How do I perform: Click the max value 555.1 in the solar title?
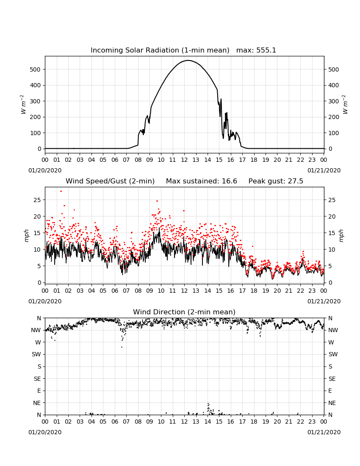point(266,50)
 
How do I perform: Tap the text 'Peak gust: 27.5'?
point(276,181)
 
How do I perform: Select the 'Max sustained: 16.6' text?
point(201,181)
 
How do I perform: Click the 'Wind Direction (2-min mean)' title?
point(184,312)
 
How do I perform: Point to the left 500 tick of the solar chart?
point(36,69)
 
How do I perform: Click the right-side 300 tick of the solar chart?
point(333,101)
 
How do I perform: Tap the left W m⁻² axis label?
point(23,104)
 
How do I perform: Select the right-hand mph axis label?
point(341,236)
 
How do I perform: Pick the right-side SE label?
point(332,379)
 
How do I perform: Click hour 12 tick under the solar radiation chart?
point(184,160)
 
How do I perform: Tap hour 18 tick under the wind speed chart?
point(254,291)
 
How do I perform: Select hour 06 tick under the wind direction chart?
point(115,422)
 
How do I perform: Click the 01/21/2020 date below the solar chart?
point(324,170)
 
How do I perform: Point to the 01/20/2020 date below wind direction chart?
point(45,432)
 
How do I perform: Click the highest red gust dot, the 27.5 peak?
point(61,191)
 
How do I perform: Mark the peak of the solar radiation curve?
point(188,60)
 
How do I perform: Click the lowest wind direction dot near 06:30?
point(122,347)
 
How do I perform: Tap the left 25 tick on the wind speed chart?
point(37,200)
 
